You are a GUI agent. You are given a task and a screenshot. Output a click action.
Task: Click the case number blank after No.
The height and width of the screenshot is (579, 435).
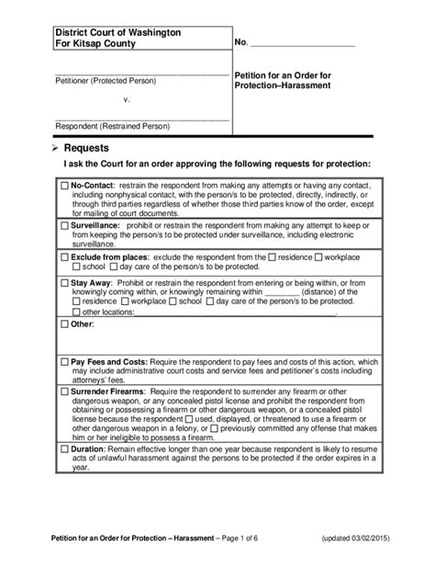302,43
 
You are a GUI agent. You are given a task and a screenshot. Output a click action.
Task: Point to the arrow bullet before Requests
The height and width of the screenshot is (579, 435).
54,147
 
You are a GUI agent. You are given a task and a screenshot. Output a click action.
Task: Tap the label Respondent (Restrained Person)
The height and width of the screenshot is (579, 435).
113,126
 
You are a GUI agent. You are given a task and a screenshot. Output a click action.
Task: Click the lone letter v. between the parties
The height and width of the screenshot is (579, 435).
127,98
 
